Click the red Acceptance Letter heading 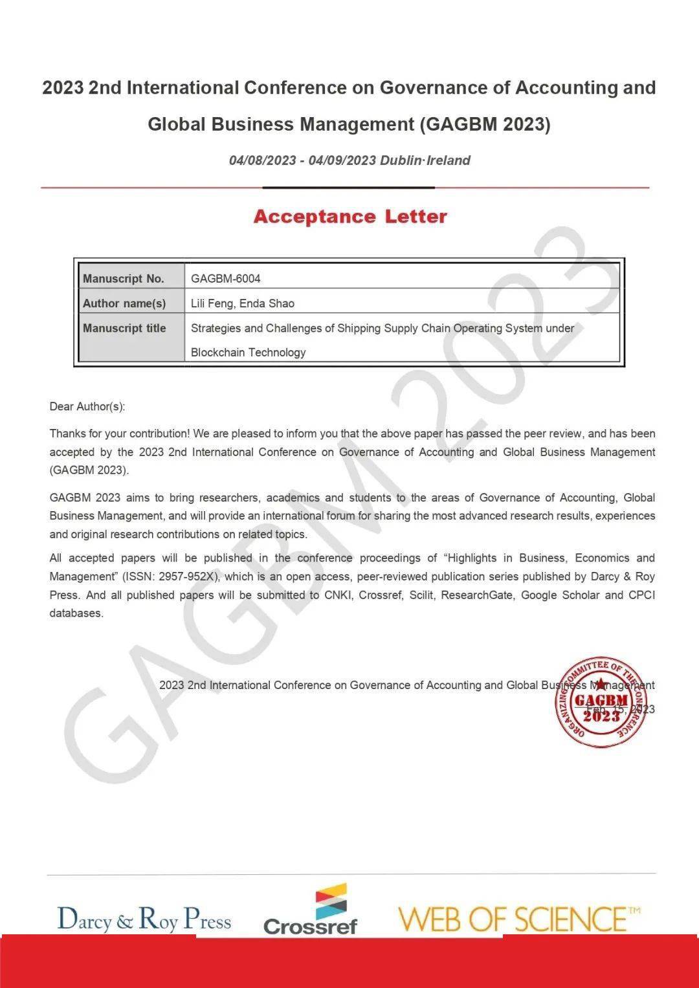350,216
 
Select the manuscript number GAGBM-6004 226,279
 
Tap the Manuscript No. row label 124,279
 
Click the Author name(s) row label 124,303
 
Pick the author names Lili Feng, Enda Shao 243,303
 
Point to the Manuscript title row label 124,328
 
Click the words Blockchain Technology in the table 248,353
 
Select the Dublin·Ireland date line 349,160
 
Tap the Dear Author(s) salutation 87,406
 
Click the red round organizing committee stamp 600,703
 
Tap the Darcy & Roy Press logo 144,919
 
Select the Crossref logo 311,911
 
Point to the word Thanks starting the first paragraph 67,434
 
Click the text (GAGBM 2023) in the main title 485,124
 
